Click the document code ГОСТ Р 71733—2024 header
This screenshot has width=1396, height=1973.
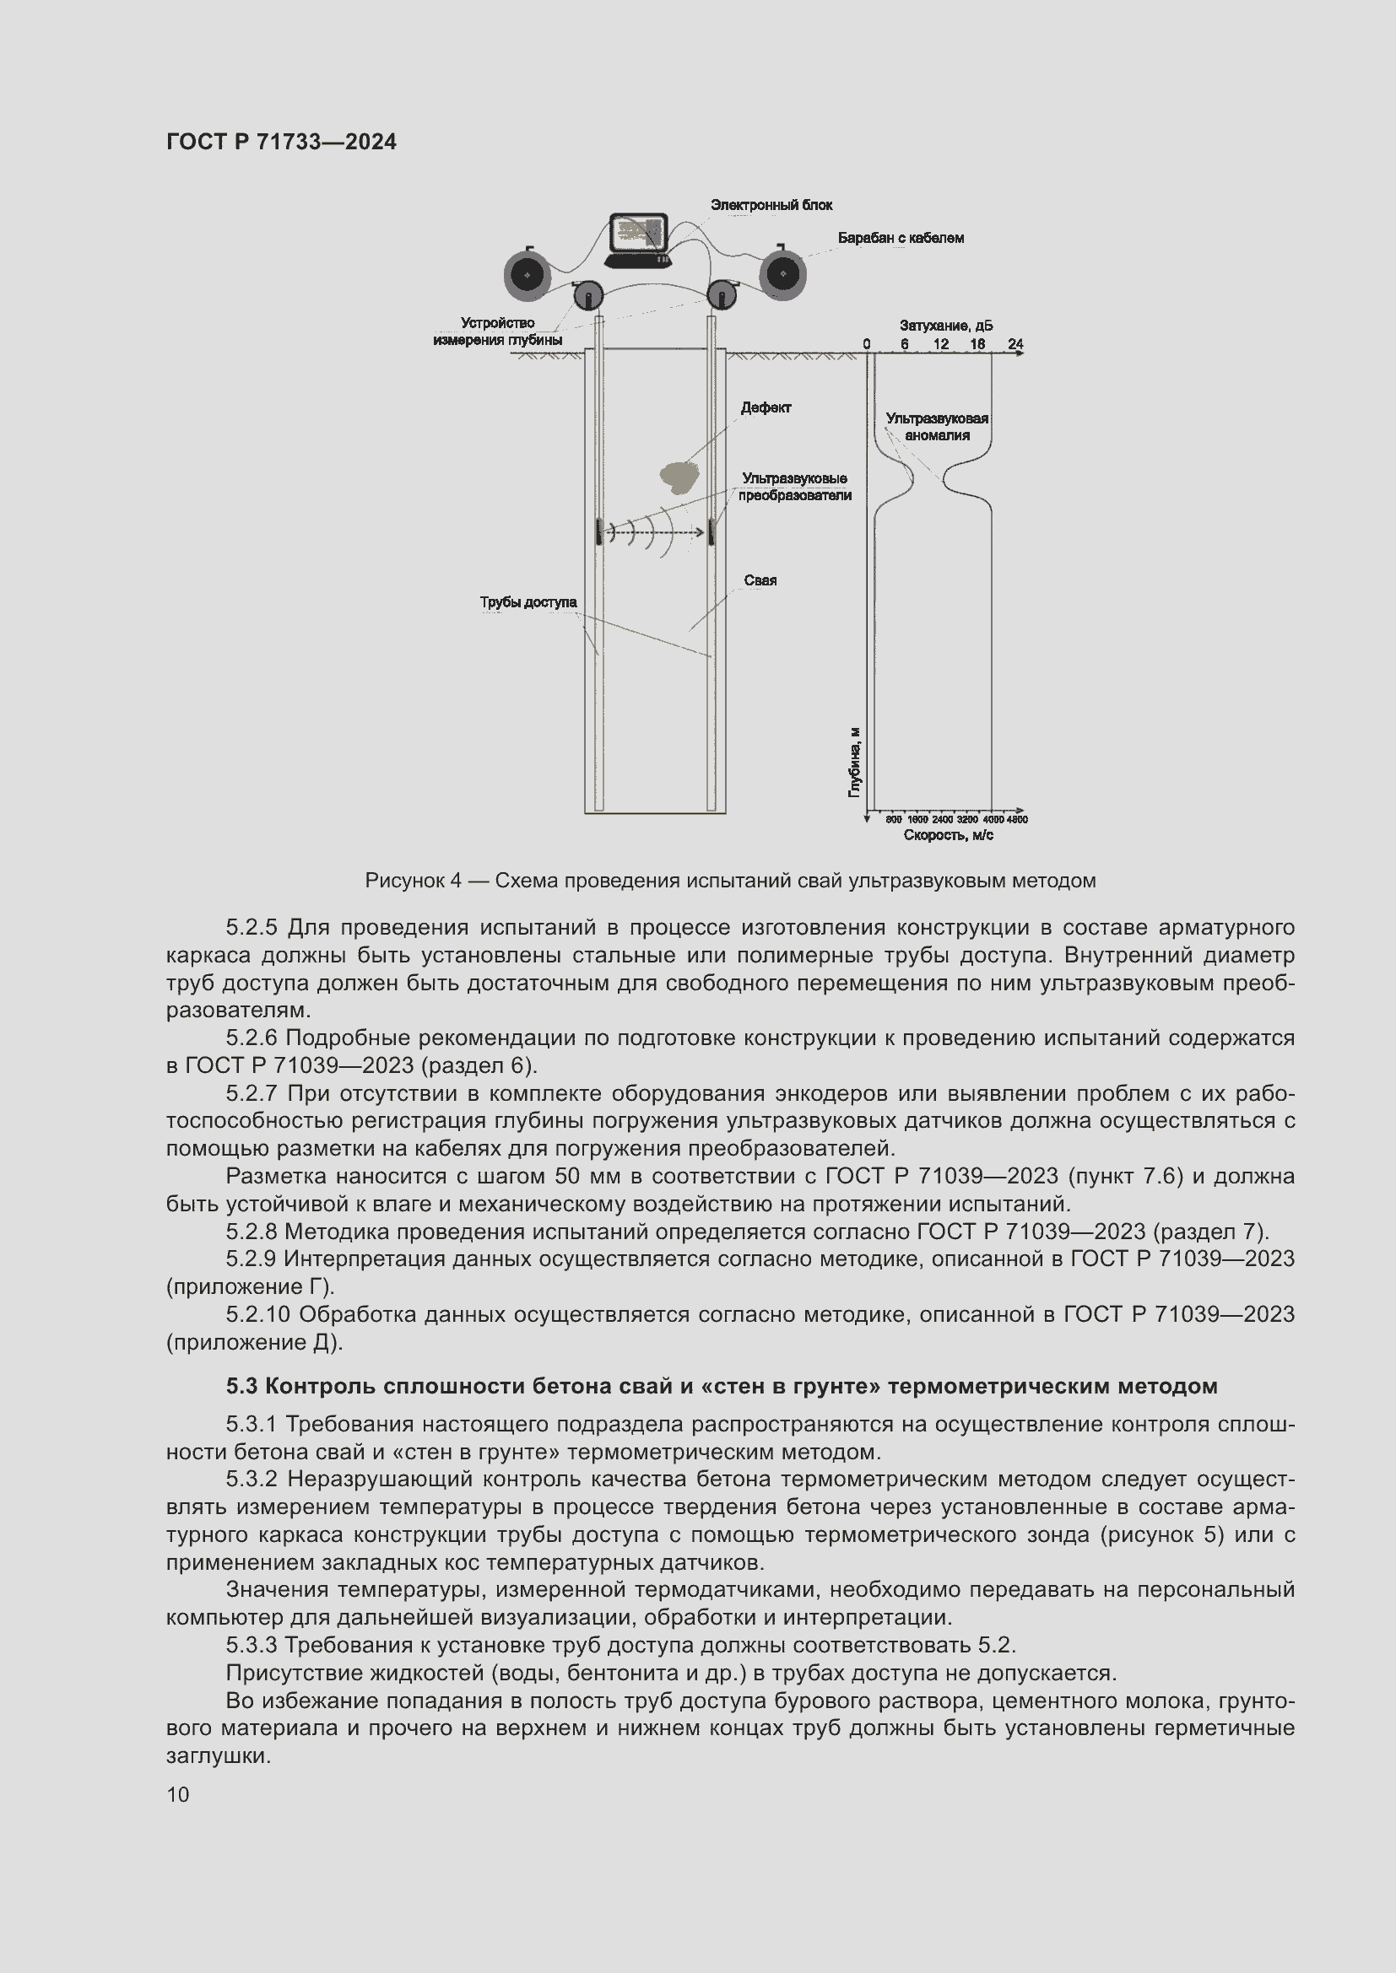pyautogui.click(x=281, y=142)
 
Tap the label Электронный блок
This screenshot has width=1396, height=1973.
pyautogui.click(x=771, y=204)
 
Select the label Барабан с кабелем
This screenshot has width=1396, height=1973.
pyautogui.click(x=900, y=238)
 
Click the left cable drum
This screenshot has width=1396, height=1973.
pyautogui.click(x=527, y=275)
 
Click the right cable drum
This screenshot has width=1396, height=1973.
pyautogui.click(x=782, y=275)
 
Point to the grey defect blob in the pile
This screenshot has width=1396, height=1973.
pyautogui.click(x=679, y=476)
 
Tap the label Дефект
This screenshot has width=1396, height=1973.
pyautogui.click(x=765, y=407)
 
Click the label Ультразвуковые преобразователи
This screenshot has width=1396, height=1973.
pyautogui.click(x=794, y=487)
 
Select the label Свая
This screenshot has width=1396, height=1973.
pyautogui.click(x=760, y=580)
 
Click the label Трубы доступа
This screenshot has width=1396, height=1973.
pyautogui.click(x=528, y=601)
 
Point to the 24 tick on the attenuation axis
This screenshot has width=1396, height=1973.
pyautogui.click(x=1015, y=343)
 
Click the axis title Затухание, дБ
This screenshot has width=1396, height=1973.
pyautogui.click(x=945, y=326)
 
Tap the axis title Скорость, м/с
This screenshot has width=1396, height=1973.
pyautogui.click(x=948, y=834)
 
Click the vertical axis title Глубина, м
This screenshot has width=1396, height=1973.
pyautogui.click(x=854, y=762)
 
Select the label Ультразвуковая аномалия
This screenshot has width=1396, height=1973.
pyautogui.click(x=936, y=426)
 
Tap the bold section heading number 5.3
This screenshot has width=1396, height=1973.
pyautogui.click(x=243, y=1386)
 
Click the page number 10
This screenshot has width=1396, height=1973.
pyautogui.click(x=178, y=1794)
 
